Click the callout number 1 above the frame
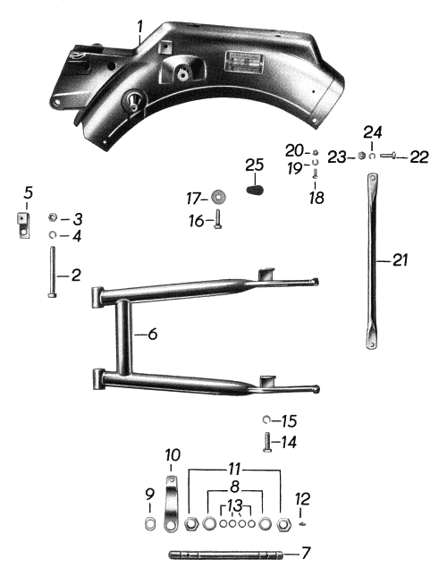139,27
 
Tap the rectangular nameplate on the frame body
244,62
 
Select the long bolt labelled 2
52,272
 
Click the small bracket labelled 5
23,225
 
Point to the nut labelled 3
53,217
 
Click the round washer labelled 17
218,197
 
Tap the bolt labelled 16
218,219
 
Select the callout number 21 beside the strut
401,260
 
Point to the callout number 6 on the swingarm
153,334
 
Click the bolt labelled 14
267,442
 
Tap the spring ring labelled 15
266,420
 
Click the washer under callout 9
150,524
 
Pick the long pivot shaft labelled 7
225,555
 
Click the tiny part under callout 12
302,524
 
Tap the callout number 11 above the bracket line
234,470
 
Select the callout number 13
235,505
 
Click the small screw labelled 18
316,174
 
